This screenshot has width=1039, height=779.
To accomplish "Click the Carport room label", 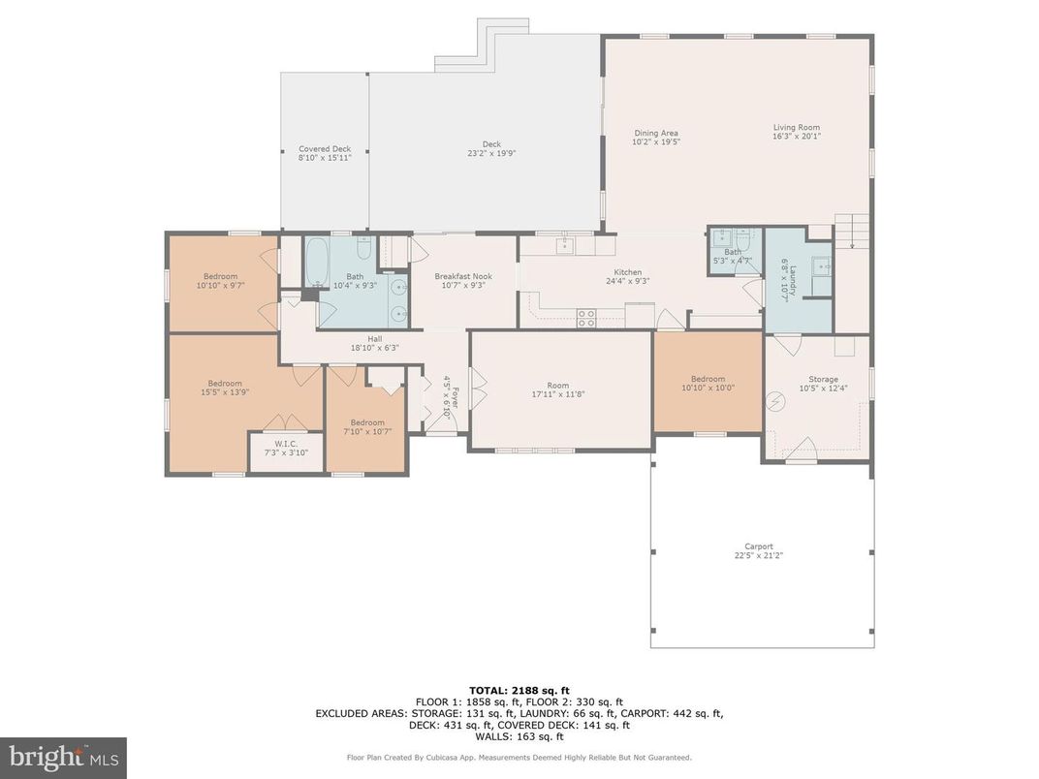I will (x=759, y=546).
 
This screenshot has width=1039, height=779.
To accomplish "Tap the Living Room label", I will (x=796, y=128).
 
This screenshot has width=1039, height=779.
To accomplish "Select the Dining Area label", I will (x=656, y=133).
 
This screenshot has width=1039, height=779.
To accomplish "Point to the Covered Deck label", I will (x=325, y=149).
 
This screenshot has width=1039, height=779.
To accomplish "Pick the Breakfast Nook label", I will (x=463, y=276).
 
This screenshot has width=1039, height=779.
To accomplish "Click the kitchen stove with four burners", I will (x=586, y=317).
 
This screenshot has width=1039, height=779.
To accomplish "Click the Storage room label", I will (x=824, y=379).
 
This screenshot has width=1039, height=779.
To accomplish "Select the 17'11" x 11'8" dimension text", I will (x=558, y=393).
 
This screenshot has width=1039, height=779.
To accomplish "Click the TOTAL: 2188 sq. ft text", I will (x=519, y=688).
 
